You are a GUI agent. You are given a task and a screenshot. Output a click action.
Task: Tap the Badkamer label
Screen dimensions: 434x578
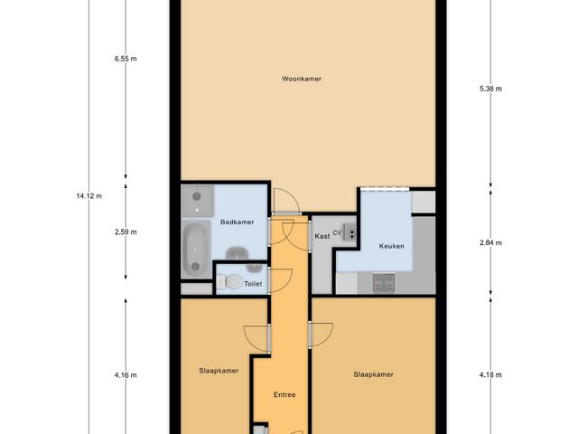236,222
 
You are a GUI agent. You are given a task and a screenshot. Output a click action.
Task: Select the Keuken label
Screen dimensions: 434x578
391,245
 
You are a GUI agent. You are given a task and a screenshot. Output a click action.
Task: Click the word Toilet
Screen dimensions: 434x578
253,283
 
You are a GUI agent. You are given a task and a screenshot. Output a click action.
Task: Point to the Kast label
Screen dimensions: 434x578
322,236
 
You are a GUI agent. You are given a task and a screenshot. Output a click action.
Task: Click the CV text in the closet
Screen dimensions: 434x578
337,232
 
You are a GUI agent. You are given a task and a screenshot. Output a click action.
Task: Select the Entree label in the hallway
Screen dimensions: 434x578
284,394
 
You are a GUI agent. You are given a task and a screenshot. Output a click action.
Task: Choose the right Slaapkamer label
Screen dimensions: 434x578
373,373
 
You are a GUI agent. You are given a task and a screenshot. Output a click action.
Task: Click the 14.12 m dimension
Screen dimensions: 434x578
89,195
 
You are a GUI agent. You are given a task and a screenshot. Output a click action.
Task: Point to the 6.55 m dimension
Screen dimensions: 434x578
126,59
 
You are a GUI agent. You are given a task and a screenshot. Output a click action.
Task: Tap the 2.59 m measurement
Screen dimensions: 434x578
126,231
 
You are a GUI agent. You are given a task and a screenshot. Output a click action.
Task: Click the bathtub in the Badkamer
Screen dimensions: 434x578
195,250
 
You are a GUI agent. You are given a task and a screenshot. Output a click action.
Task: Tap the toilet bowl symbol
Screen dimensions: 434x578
232,283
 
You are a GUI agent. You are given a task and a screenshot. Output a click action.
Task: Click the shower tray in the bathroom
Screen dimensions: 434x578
195,198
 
